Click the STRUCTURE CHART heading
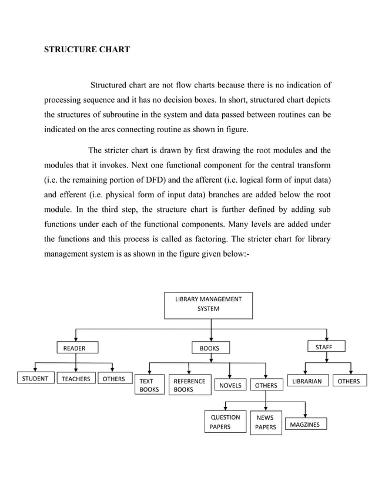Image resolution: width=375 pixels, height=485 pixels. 87,50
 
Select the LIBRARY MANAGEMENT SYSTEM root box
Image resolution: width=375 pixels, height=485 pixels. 208,305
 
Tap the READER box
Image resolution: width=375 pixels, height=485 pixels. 76,348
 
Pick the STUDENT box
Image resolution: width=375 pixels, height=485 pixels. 35,379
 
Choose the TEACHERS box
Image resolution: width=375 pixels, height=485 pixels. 76,379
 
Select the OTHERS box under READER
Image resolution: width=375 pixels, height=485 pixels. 114,379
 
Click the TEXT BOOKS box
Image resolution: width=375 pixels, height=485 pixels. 149,385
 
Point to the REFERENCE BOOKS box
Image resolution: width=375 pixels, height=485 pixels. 189,385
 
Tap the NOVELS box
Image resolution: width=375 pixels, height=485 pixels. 230,386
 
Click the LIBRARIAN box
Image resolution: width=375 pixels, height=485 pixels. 307,382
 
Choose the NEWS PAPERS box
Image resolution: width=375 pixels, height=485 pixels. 266,423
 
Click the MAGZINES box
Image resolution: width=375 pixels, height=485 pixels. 306,425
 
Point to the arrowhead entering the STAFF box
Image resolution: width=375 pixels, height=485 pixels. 327,337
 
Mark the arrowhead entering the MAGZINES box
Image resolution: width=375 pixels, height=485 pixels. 305,415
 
